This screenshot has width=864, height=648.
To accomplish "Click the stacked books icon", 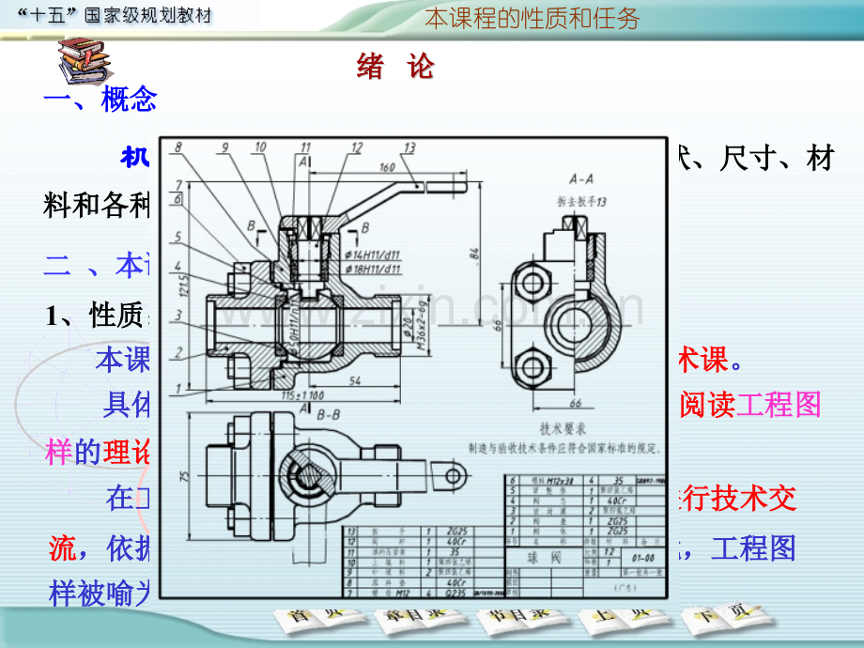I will click(83, 62).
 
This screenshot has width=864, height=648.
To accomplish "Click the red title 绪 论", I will click(396, 67).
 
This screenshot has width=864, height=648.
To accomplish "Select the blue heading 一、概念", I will click(100, 100).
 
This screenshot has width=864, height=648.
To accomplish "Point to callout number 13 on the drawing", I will click(409, 147).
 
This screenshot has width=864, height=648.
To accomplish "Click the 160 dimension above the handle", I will click(386, 168).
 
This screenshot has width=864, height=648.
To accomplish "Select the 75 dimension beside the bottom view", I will click(186, 475).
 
